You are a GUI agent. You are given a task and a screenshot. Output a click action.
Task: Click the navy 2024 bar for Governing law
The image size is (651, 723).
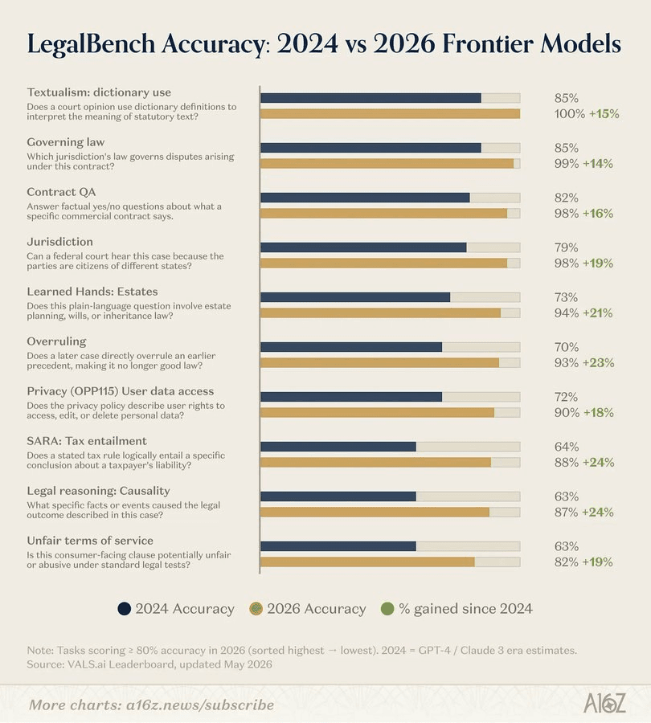tap(371, 148)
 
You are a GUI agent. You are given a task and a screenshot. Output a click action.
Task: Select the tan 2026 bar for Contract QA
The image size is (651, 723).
tap(384, 213)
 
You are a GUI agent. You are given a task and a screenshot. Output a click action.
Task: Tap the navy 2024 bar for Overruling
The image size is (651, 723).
tap(351, 347)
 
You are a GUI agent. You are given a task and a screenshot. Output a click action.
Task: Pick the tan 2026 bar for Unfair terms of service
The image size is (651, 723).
tap(368, 562)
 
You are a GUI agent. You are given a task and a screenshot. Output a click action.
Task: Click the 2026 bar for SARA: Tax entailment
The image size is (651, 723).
tap(375, 462)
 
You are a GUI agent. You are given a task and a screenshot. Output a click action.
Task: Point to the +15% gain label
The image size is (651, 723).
tap(604, 114)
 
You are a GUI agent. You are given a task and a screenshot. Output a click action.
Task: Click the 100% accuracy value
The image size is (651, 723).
tap(570, 114)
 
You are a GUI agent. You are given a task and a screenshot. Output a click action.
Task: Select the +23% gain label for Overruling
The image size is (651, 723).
tap(599, 363)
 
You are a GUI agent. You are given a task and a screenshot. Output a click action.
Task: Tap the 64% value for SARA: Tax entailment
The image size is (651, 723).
tap(567, 447)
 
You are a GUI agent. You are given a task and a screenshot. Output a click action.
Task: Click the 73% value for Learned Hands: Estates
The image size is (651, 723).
tap(566, 297)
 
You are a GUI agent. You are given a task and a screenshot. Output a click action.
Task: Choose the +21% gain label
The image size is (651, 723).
tap(597, 313)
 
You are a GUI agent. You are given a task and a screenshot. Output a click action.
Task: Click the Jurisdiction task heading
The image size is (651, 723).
tap(60, 242)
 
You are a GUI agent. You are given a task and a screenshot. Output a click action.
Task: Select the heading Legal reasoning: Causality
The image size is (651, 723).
tap(98, 491)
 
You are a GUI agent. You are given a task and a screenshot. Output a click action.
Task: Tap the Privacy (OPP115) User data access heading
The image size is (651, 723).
tap(121, 391)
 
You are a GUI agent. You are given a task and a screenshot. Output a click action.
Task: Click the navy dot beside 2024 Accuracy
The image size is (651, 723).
tap(124, 609)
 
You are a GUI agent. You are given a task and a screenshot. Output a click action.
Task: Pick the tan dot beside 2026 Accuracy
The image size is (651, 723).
tap(256, 609)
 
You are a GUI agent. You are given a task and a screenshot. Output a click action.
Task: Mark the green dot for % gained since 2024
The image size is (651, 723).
tap(387, 609)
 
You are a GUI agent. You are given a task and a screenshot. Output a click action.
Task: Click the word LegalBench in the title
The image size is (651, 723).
tap(91, 45)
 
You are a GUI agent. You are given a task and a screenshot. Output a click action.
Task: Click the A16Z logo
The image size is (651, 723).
tap(605, 704)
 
